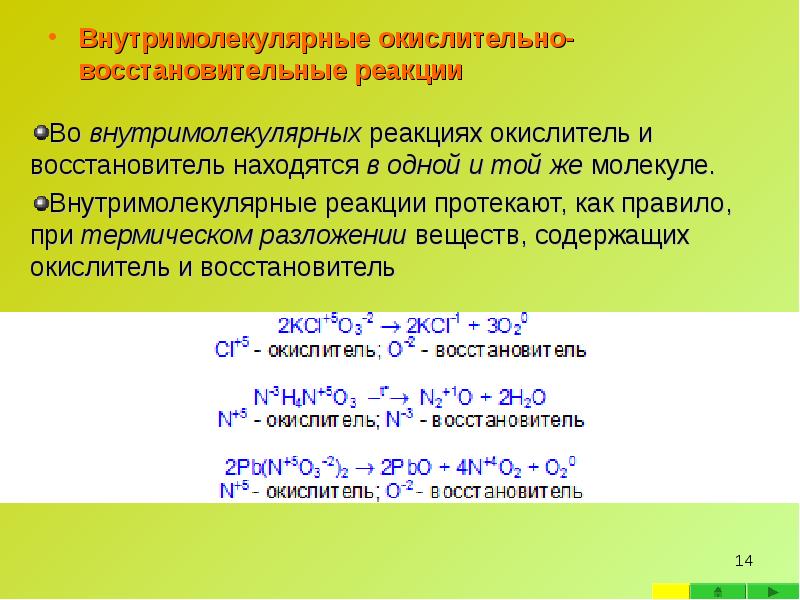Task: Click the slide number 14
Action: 743,559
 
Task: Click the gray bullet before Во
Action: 40,133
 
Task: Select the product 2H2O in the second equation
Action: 522,397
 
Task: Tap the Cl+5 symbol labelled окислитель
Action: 230,351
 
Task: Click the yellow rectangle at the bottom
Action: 669,591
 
